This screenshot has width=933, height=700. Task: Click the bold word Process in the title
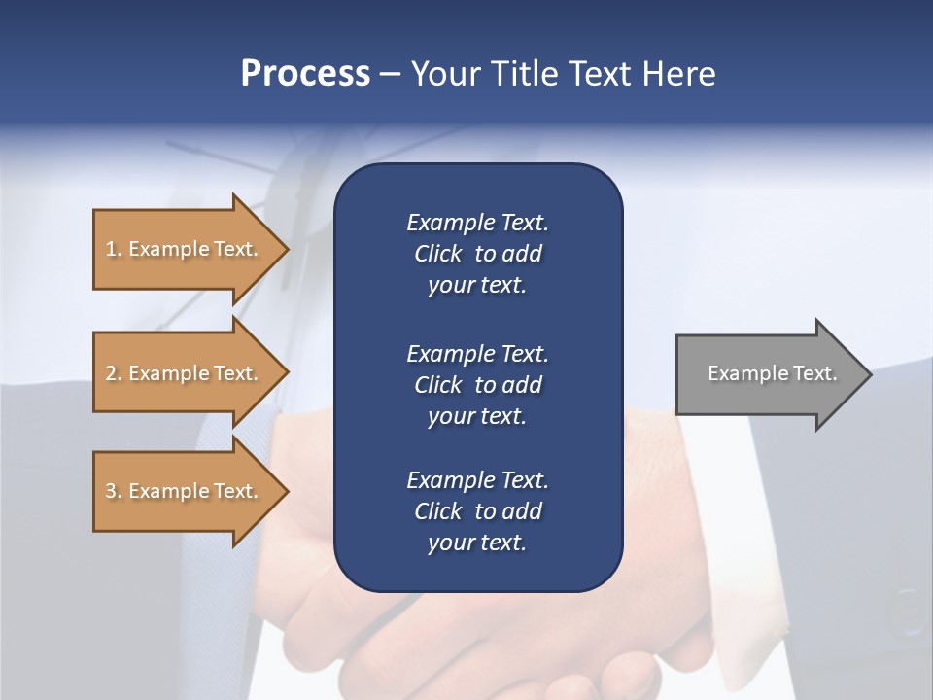click(305, 74)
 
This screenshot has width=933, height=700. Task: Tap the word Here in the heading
click(678, 74)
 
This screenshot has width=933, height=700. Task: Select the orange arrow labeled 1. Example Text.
click(185, 249)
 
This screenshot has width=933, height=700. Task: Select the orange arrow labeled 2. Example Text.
click(185, 373)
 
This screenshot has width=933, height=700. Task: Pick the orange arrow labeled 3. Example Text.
click(185, 491)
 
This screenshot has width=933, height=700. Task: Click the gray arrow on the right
click(768, 374)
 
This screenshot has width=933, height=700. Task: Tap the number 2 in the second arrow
click(111, 373)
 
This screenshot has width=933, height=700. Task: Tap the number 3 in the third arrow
click(111, 491)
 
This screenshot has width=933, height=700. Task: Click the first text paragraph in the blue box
click(477, 254)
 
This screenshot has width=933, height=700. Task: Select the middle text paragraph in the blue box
click(477, 384)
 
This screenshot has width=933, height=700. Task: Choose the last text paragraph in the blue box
click(477, 511)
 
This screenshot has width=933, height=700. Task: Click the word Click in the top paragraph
click(437, 254)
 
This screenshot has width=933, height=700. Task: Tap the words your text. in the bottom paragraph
click(477, 543)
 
